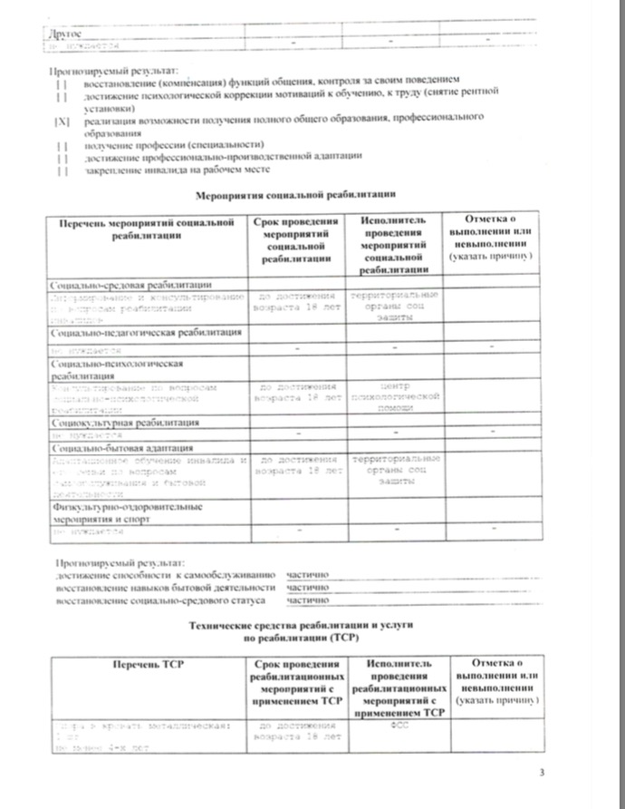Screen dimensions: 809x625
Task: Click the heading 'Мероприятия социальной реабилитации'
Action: click(296, 194)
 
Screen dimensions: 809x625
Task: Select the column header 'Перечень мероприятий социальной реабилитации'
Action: click(141, 229)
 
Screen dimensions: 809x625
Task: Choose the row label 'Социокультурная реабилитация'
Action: click(125, 423)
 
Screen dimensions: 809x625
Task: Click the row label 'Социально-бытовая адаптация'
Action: click(122, 448)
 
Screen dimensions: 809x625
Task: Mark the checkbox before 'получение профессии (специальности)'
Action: click(62, 145)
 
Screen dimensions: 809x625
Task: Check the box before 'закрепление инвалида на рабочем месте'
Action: click(62, 169)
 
